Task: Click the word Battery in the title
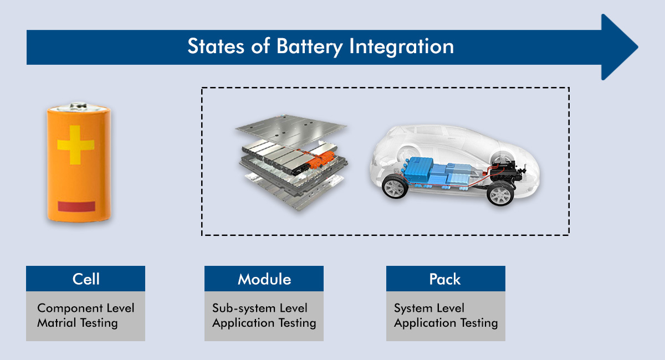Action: pyautogui.click(x=309, y=47)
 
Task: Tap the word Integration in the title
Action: pyautogui.click(x=401, y=47)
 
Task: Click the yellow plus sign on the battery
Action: pyautogui.click(x=76, y=145)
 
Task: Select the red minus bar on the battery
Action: pyautogui.click(x=76, y=206)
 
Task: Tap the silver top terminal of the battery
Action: pyautogui.click(x=79, y=106)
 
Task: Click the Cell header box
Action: pyautogui.click(x=85, y=279)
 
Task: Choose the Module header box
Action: pyautogui.click(x=264, y=279)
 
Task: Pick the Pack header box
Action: pyautogui.click(x=446, y=279)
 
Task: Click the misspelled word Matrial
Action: pyautogui.click(x=57, y=323)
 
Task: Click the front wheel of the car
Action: pyautogui.click(x=395, y=187)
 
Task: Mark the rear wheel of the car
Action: pyautogui.click(x=500, y=193)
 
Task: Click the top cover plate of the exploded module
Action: pyautogui.click(x=291, y=131)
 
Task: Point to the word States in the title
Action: pyautogui.click(x=216, y=47)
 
